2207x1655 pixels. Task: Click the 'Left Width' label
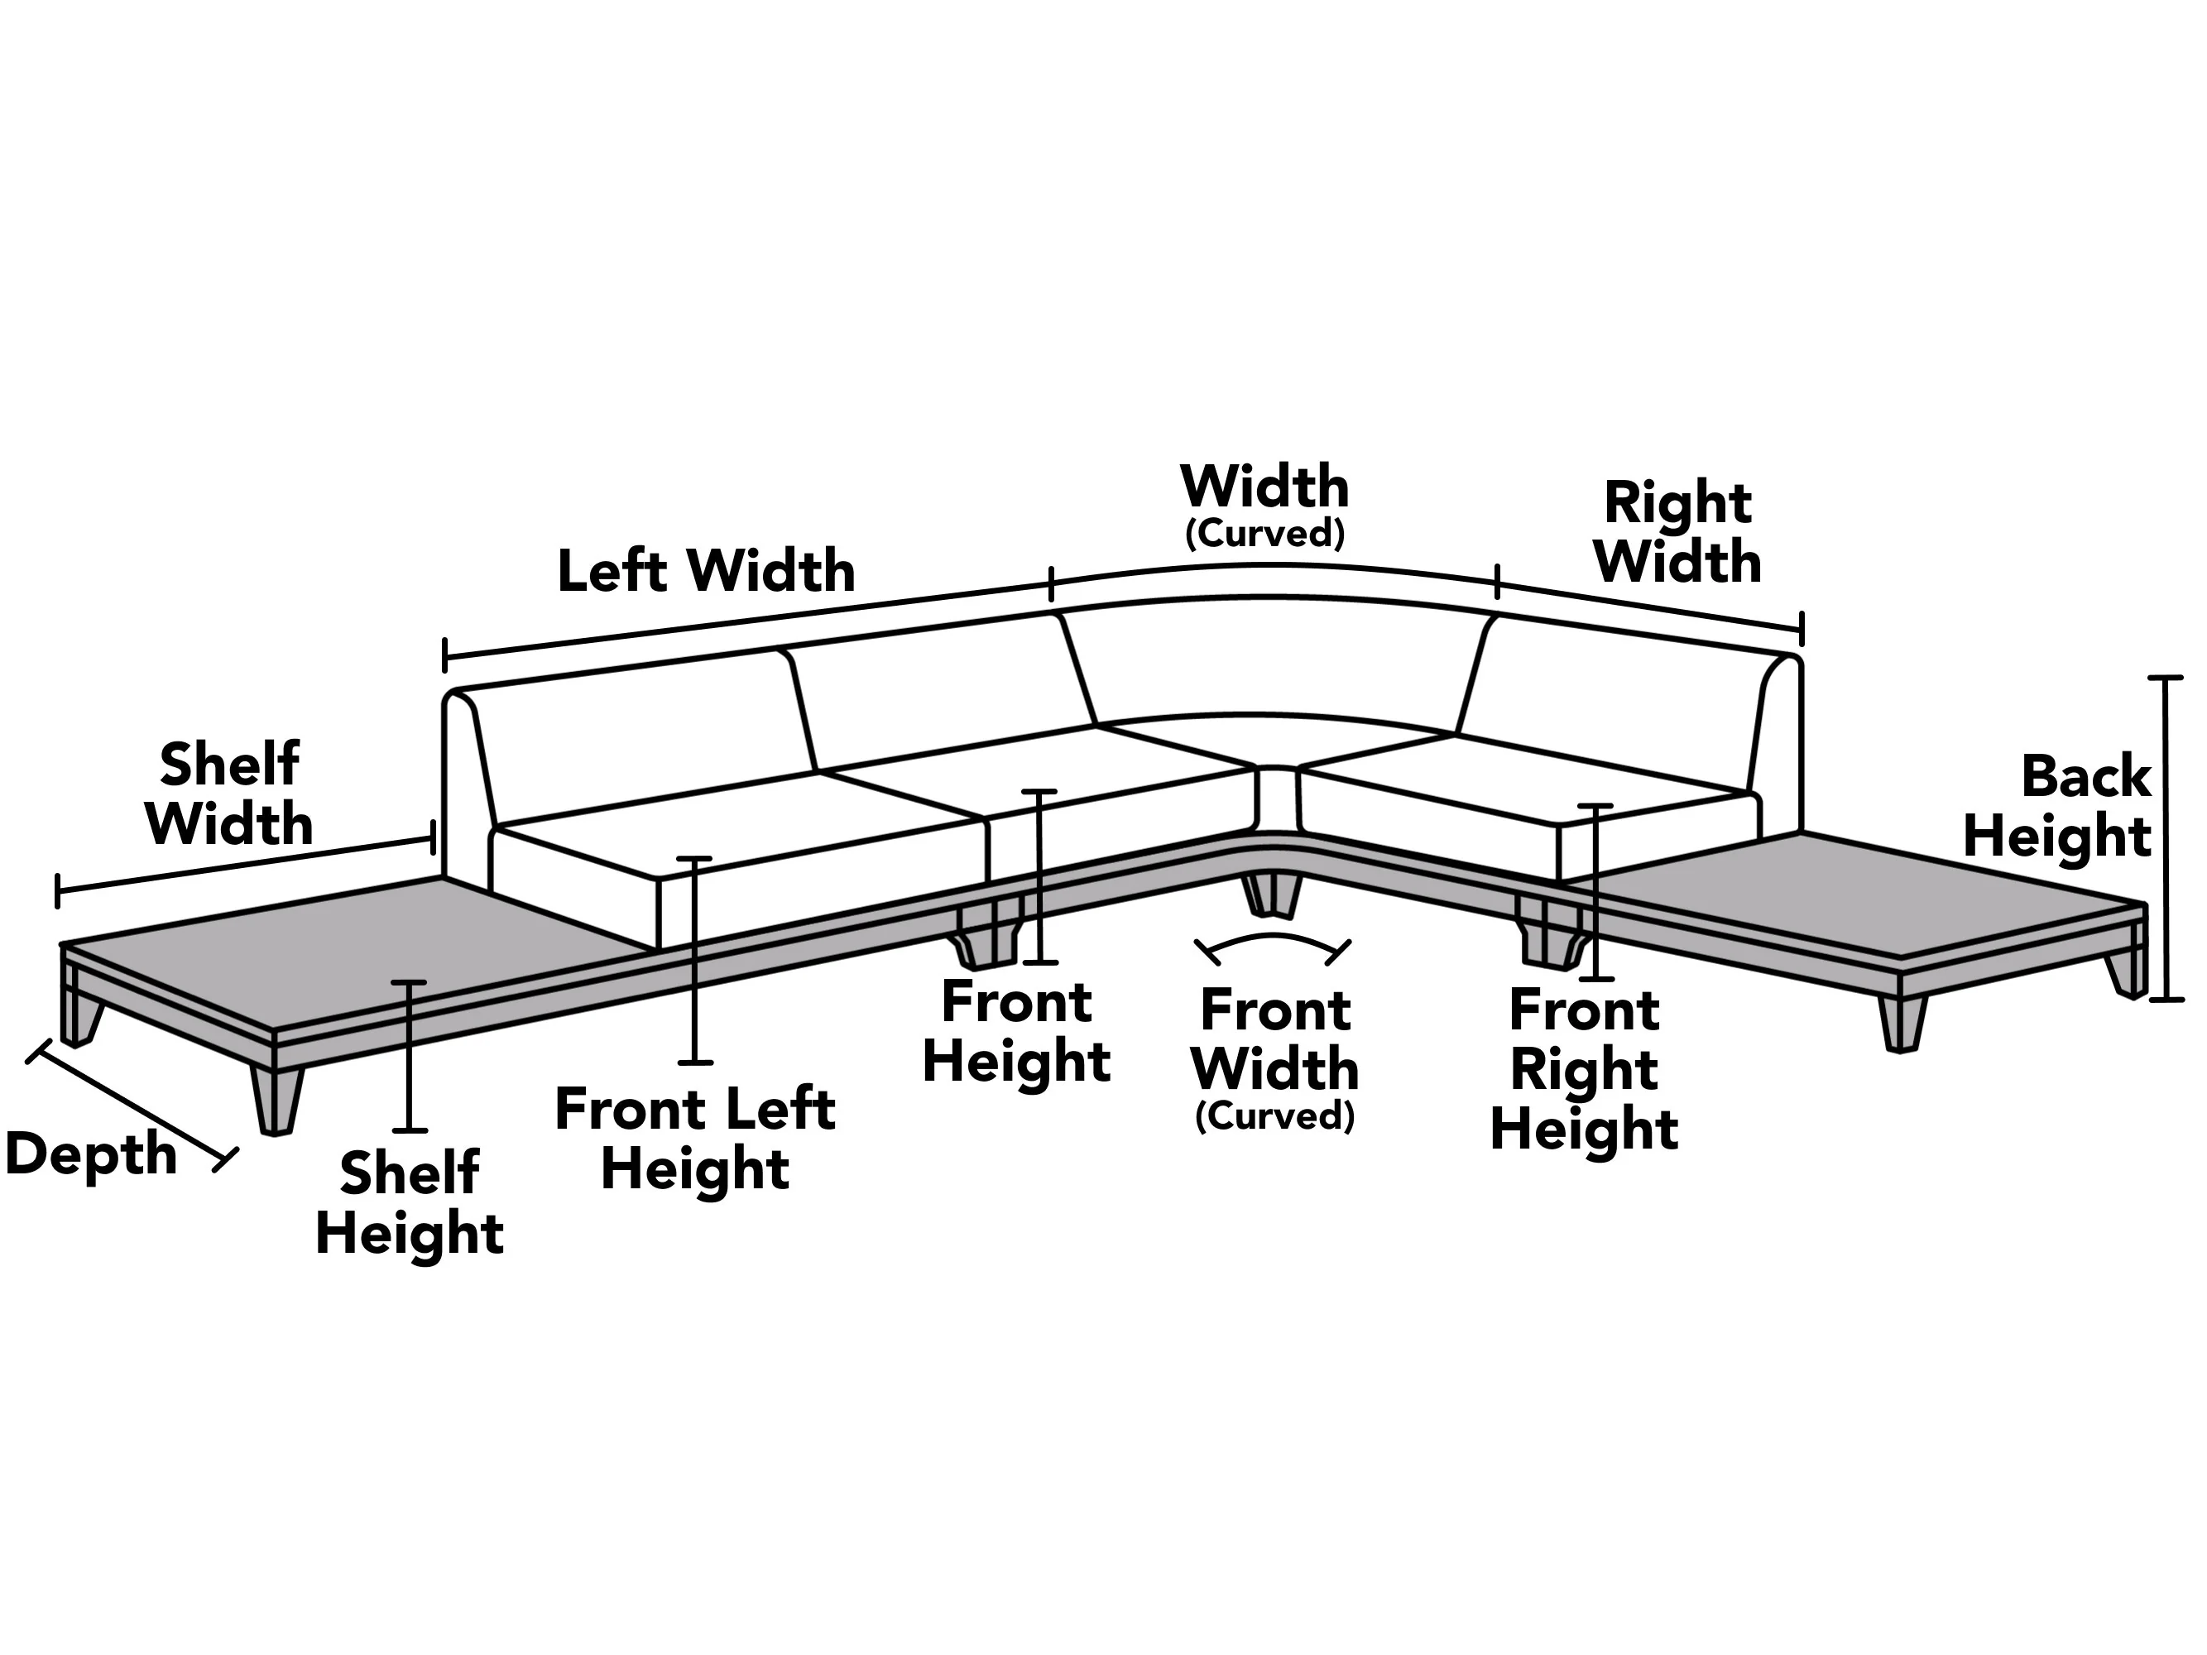[705, 571]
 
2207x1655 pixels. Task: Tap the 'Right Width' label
[1677, 532]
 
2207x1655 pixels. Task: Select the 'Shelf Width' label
[229, 794]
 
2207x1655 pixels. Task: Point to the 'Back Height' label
[2057, 806]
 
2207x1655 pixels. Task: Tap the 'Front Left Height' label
[695, 1139]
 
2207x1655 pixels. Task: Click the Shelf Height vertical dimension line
[408, 1057]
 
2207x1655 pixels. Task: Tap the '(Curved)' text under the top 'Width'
[1264, 534]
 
